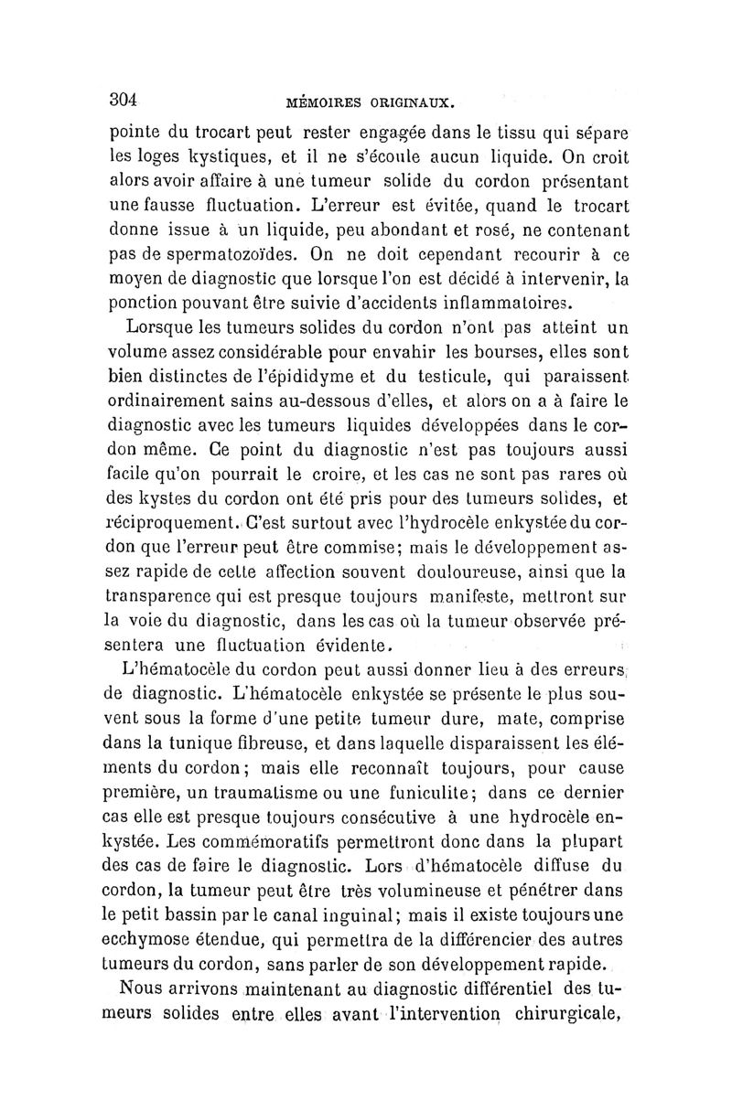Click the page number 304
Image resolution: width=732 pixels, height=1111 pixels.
[x=123, y=99]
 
